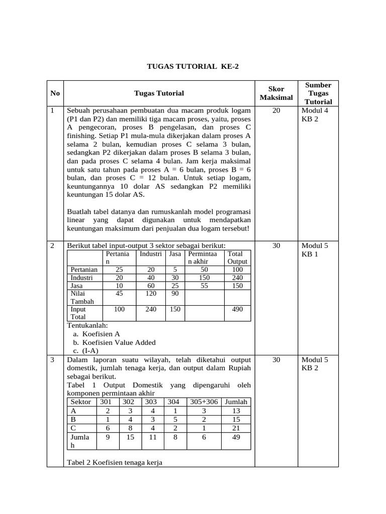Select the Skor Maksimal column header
pos(276,93)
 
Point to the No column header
pos(55,93)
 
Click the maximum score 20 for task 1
pos(276,110)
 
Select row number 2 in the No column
pos(53,245)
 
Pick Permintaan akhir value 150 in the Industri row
pos(204,278)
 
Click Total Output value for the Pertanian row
pos(237,270)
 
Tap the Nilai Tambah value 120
pos(151,294)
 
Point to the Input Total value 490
pos(237,309)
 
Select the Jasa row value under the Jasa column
pos(175,286)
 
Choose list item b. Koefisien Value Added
pos(114,342)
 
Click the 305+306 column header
pos(204,402)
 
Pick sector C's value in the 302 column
pos(130,428)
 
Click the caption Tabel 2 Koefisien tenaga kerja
pos(115,463)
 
